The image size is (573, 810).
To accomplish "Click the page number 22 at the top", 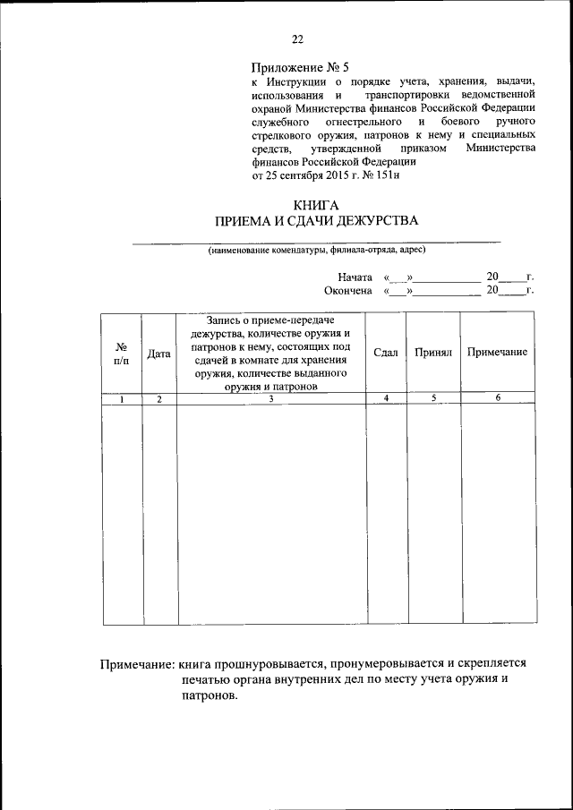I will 297,38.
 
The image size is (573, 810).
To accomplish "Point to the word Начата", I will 355,277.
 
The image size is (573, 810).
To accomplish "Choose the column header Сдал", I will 386,353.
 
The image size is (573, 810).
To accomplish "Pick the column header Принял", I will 433,353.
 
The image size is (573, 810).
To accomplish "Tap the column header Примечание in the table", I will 497,353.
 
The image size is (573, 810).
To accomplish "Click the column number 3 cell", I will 271,398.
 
